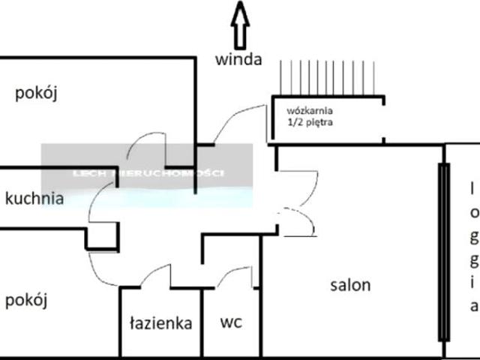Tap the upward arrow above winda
(240, 24)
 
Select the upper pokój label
(37, 94)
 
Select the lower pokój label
(26, 301)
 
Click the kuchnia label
(34, 199)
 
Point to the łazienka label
(160, 324)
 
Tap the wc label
(230, 323)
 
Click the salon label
(351, 286)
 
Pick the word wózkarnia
(310, 109)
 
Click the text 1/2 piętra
(310, 121)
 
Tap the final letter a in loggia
(473, 305)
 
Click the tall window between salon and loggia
(443, 251)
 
